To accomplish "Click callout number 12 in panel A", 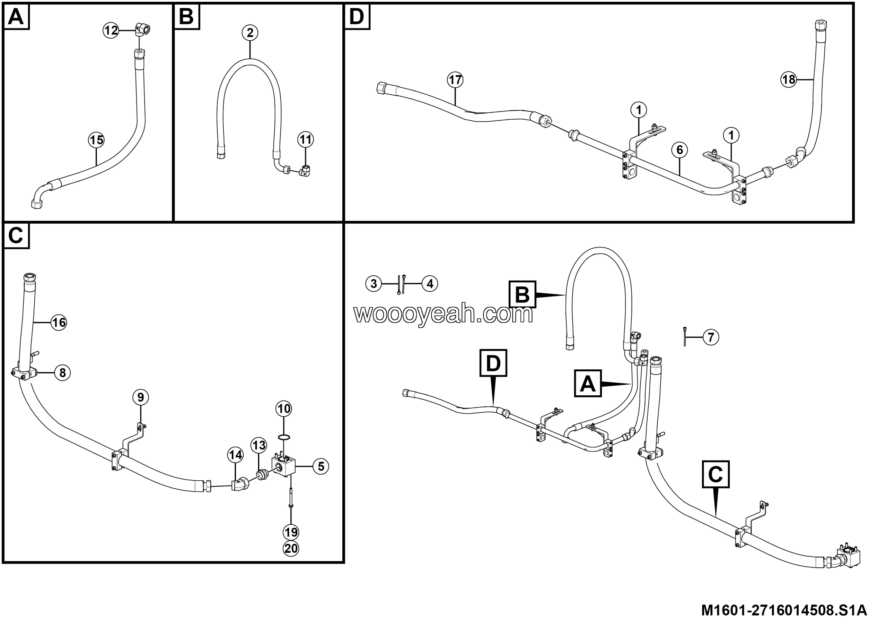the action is pos(111,30).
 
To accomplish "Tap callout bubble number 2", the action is pos(250,33).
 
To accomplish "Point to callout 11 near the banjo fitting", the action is pos(306,139).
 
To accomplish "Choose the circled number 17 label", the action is pos(455,80).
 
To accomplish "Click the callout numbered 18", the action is pos(789,80).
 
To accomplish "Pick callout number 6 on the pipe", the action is pos(679,149).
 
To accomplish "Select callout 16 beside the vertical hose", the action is pos(59,323).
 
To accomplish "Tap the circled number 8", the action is pos(62,373).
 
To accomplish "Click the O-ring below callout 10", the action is pos(284,437).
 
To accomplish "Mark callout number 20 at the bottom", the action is pos(291,549).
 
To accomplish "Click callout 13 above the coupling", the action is pos(258,445).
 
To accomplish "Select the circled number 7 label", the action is pos(711,337).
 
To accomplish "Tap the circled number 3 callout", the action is pos(374,284).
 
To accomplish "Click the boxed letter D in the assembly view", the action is pos(493,363).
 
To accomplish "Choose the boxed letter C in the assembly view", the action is pos(715,474).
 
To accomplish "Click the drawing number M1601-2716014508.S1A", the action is pos(784,611).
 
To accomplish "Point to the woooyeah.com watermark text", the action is pos(443,314).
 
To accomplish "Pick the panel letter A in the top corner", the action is pos(16,17).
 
